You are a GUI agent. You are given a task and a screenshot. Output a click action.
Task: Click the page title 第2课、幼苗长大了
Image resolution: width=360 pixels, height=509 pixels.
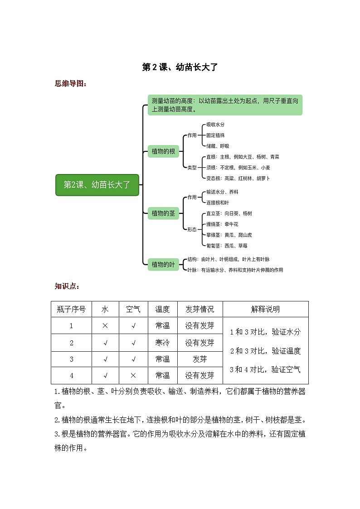click(x=180, y=68)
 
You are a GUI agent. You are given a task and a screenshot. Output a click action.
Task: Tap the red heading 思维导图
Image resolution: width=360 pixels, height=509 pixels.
click(x=70, y=83)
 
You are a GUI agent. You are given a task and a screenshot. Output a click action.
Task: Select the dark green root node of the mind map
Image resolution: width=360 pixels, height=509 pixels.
click(x=97, y=185)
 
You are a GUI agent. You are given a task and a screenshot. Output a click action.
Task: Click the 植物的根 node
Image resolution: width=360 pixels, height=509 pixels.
click(x=163, y=151)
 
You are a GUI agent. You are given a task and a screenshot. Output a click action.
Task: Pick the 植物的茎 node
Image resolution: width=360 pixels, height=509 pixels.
click(x=163, y=213)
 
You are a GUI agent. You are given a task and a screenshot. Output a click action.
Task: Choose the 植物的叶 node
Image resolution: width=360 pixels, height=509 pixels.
click(x=163, y=264)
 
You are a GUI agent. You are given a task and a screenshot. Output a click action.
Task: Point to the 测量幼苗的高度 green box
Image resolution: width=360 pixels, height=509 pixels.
click(x=225, y=105)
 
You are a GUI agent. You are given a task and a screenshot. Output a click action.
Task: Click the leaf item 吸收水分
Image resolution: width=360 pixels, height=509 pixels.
click(x=215, y=124)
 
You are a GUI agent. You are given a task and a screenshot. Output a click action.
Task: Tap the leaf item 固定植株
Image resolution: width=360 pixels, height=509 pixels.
click(x=215, y=135)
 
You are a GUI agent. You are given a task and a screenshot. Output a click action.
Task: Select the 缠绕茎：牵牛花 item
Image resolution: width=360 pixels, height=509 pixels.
click(x=222, y=224)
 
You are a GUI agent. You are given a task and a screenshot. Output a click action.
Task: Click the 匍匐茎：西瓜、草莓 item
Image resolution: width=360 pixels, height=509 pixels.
click(x=227, y=246)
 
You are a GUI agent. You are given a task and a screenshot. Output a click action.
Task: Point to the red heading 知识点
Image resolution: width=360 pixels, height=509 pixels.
click(x=67, y=286)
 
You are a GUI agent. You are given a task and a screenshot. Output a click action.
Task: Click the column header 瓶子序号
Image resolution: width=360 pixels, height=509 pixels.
click(x=71, y=310)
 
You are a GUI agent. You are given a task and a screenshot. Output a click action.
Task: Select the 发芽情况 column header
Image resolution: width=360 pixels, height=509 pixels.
click(x=199, y=310)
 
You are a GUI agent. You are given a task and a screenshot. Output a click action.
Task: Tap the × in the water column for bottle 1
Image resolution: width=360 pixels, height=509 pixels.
click(x=105, y=326)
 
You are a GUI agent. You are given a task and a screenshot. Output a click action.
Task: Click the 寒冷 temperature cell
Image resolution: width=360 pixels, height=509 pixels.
click(x=162, y=343)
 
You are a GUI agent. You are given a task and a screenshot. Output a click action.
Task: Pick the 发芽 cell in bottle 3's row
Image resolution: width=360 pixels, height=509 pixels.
click(x=199, y=359)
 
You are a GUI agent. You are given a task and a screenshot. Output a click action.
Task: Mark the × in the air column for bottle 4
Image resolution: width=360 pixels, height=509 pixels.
click(x=133, y=375)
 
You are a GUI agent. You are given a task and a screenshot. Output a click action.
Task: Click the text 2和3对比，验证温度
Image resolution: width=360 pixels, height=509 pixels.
click(x=265, y=351)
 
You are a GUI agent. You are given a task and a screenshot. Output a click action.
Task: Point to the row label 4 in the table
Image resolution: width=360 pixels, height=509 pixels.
click(x=71, y=375)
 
